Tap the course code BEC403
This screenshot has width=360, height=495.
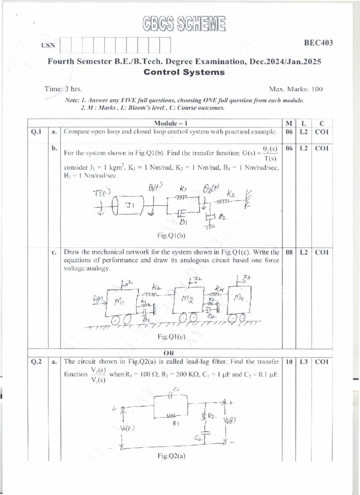[x=318, y=43]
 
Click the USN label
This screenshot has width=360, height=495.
[x=48, y=46]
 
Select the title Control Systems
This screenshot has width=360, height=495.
[x=184, y=72]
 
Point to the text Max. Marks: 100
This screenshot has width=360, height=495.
[x=296, y=89]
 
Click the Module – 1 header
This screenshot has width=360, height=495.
[x=170, y=123]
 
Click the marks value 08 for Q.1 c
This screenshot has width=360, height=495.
[x=289, y=252]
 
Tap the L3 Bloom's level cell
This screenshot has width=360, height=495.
[x=304, y=362]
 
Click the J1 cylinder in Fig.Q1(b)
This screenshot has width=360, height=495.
[x=129, y=206]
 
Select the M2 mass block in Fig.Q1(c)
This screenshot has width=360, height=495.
[x=188, y=300]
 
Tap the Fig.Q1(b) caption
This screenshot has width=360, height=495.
[x=171, y=236]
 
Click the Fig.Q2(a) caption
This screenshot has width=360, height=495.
[x=171, y=456]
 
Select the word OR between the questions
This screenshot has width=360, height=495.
[x=169, y=353]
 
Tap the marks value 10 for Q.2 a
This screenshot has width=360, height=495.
[x=289, y=362]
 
